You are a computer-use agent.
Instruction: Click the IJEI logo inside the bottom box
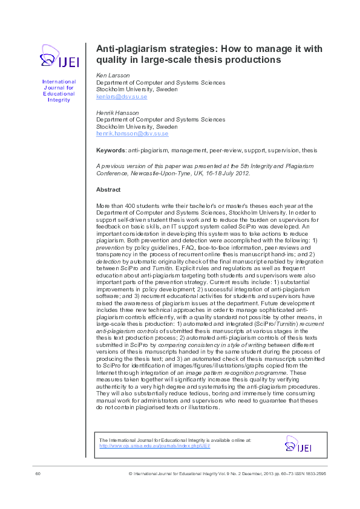click(x=298, y=447)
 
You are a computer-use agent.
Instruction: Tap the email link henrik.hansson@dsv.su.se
click(x=132, y=133)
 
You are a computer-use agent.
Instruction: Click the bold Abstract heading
click(x=108, y=189)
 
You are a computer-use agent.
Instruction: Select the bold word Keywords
click(x=111, y=149)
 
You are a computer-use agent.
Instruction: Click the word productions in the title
click(x=249, y=60)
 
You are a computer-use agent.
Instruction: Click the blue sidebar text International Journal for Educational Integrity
click(x=59, y=90)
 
